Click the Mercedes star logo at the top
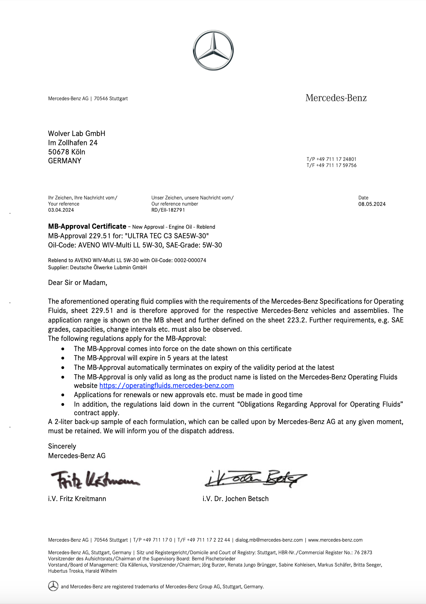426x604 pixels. click(x=213, y=50)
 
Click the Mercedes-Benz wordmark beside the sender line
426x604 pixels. click(x=336, y=98)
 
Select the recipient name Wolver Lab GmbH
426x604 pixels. click(x=77, y=134)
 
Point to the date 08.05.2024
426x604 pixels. click(x=372, y=204)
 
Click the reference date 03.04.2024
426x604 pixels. click(x=61, y=210)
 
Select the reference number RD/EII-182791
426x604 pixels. click(x=168, y=210)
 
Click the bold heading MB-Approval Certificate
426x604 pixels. click(x=87, y=226)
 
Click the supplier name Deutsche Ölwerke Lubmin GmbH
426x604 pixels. click(x=108, y=268)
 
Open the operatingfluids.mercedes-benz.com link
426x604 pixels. click(x=167, y=386)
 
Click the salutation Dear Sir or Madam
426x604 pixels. click(x=78, y=283)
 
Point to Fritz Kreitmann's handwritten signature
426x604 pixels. click(x=94, y=480)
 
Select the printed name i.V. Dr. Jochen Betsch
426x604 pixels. click(x=235, y=499)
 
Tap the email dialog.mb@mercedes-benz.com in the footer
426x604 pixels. click(x=269, y=540)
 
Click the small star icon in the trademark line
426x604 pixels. click(x=53, y=586)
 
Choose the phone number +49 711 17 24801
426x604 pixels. click(x=336, y=159)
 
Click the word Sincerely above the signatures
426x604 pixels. click(x=62, y=446)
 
